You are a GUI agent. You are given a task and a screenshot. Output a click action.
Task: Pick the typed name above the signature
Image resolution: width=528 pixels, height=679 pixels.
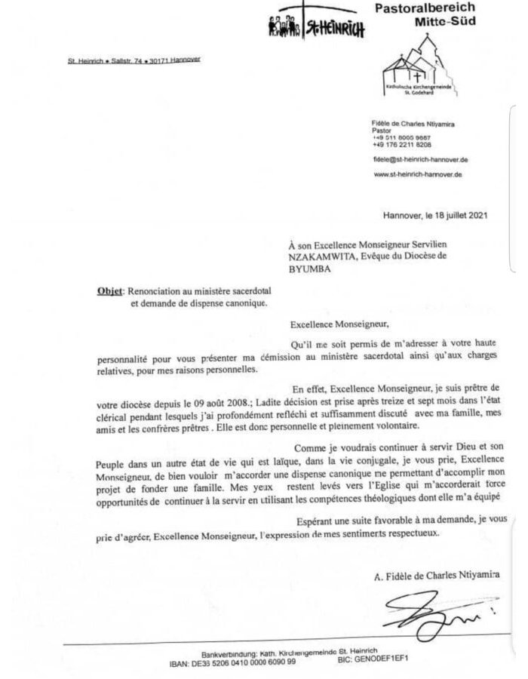pyautogui.click(x=437, y=577)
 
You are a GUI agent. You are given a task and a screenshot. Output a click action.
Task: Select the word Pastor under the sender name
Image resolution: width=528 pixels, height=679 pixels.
pyautogui.click(x=383, y=129)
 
